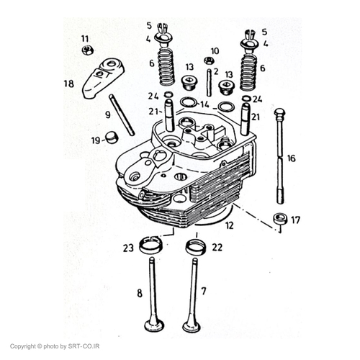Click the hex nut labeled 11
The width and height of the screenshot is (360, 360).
point(87,50)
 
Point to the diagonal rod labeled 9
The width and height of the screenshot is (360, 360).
point(122,115)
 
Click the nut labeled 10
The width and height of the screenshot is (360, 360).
point(209,60)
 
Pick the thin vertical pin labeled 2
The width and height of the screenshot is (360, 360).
point(210,82)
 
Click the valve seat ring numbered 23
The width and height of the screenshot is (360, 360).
point(151,244)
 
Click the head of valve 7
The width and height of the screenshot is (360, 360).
point(192,325)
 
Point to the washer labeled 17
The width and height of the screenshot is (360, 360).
point(280,219)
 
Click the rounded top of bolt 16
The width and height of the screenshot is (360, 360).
point(280,113)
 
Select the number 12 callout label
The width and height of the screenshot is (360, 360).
point(230,225)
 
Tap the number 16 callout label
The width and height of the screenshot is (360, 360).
point(292,158)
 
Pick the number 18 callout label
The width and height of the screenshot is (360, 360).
point(68,84)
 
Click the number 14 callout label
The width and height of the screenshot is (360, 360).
point(204,104)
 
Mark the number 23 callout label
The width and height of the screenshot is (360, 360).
point(128,248)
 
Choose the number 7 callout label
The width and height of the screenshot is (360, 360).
point(204,291)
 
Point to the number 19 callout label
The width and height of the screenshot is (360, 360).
point(96,140)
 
